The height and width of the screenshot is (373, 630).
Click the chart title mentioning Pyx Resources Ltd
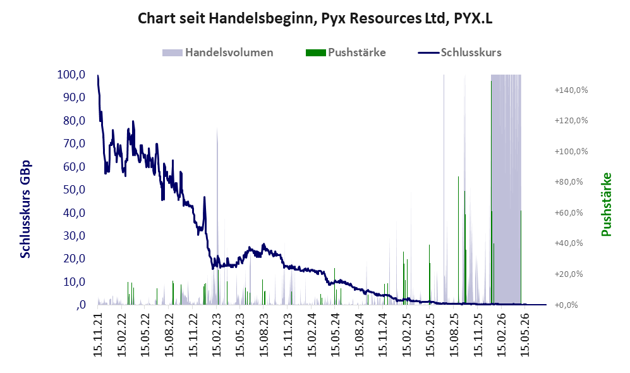pyautogui.click(x=315, y=18)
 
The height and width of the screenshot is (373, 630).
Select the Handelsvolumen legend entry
pyautogui.click(x=218, y=52)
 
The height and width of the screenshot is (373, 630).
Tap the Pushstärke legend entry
pyautogui.click(x=346, y=52)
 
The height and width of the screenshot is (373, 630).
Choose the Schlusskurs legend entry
pyautogui.click(x=459, y=52)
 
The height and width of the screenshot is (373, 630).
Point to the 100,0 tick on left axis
pyautogui.click(x=71, y=75)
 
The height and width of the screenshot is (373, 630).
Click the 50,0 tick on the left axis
pyautogui.click(x=75, y=189)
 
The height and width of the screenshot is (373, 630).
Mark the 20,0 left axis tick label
pyautogui.click(x=75, y=259)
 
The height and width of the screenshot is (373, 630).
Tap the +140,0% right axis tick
pyautogui.click(x=571, y=90)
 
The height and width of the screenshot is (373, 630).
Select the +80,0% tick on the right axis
pyautogui.click(x=569, y=181)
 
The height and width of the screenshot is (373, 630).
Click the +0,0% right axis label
pyautogui.click(x=566, y=305)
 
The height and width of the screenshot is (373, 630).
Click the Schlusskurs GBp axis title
pyautogui.click(x=25, y=209)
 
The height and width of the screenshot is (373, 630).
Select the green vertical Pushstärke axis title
pyautogui.click(x=606, y=205)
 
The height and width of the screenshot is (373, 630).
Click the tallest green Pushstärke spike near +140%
pyautogui.click(x=491, y=193)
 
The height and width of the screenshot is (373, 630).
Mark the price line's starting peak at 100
pyautogui.click(x=98, y=76)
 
